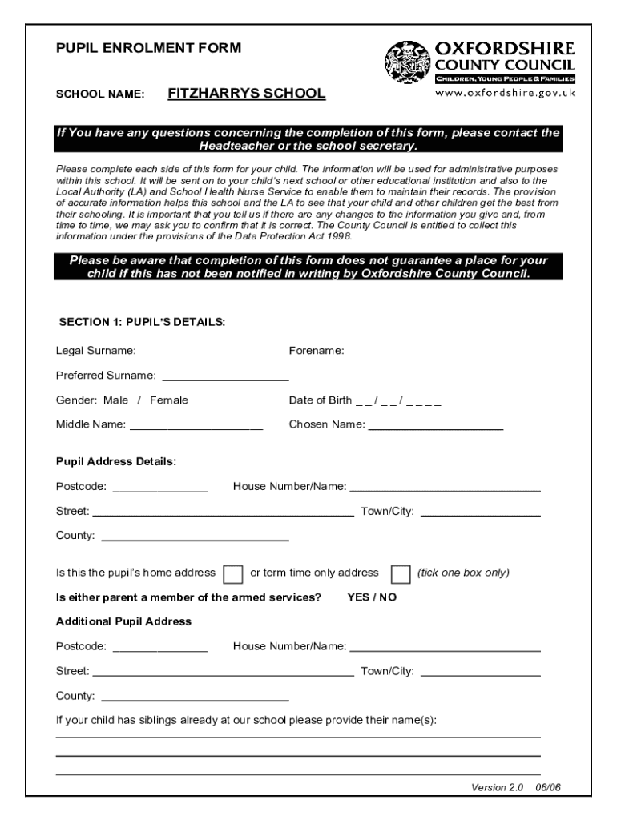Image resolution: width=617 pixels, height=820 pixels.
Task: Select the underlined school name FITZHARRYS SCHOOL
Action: tap(247, 94)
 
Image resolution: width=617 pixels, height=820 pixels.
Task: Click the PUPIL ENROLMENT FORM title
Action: tap(148, 48)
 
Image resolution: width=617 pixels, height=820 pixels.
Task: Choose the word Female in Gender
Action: tap(169, 400)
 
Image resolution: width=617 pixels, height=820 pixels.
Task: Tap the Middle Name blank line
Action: tap(196, 426)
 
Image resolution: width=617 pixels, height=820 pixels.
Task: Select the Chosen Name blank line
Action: tap(435, 426)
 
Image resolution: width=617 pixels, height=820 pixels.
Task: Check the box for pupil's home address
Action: tap(233, 574)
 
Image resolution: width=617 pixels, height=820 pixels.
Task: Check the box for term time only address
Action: tap(400, 574)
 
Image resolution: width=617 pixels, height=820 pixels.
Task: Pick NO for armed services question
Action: tap(388, 597)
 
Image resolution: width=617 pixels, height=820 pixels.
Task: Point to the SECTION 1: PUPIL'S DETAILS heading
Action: tap(143, 323)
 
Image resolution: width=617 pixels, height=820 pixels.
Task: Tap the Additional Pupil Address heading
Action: tap(123, 621)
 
